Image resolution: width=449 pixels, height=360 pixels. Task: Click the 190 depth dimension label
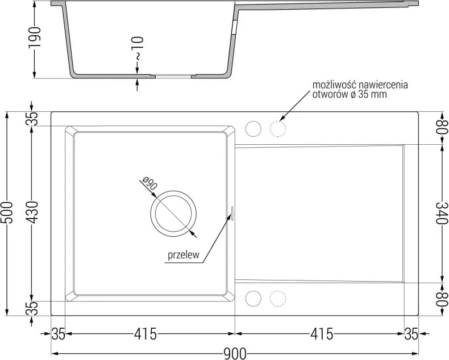click(x=35, y=38)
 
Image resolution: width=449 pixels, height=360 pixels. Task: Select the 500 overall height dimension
click(x=7, y=212)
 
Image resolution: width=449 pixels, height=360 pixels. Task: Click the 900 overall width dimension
click(x=235, y=354)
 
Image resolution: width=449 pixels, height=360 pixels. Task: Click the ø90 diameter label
click(x=149, y=183)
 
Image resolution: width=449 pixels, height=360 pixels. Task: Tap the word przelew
click(x=183, y=256)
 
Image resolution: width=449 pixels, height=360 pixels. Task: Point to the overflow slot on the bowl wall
click(x=232, y=213)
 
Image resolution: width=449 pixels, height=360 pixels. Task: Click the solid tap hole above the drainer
click(x=253, y=129)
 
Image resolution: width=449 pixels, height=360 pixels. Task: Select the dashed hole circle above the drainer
click(x=278, y=129)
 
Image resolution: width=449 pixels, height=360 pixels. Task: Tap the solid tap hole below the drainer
click(x=253, y=299)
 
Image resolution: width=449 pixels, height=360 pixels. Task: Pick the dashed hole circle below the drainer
click(x=278, y=299)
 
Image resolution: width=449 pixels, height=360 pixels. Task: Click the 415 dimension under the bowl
click(x=145, y=334)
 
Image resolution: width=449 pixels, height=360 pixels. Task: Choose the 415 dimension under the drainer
click(x=322, y=334)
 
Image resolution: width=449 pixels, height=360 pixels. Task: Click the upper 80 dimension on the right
click(x=442, y=128)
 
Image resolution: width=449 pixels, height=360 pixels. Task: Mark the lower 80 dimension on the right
click(x=442, y=299)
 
